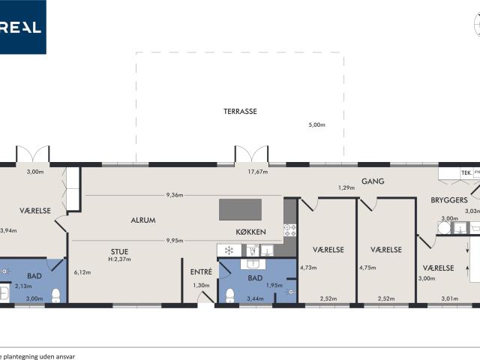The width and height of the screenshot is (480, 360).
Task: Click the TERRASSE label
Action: click(x=240, y=112)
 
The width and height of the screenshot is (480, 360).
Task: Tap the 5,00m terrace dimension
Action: click(x=316, y=125)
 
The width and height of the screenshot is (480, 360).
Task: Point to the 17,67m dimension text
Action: click(x=258, y=172)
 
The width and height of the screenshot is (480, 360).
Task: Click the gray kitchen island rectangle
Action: click(x=240, y=209)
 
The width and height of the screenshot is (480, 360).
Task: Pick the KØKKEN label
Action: click(x=250, y=232)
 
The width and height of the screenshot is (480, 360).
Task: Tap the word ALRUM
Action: click(x=142, y=220)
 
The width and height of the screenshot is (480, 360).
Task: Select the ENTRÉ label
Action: click(x=201, y=271)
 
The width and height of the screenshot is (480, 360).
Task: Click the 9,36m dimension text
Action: click(x=175, y=196)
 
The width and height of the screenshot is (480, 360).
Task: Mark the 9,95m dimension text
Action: click(x=175, y=241)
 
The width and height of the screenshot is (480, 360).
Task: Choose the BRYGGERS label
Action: click(x=448, y=200)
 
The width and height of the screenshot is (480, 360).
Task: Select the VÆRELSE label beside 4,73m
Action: click(x=328, y=250)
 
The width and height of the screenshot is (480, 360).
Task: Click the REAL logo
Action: click(x=22, y=27)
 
